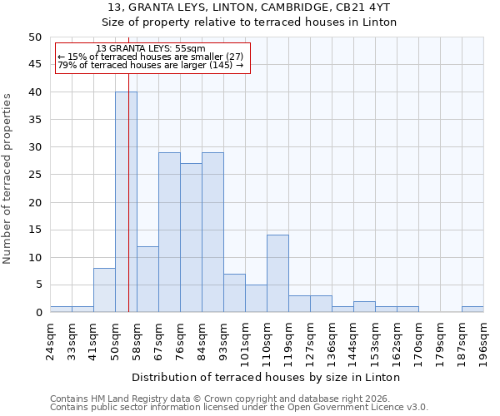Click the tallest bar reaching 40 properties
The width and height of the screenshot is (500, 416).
[126, 202]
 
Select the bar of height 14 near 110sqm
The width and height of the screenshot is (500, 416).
[277, 274]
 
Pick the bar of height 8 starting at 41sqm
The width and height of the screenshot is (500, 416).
[104, 290]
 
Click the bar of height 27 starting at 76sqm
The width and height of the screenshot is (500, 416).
[191, 238]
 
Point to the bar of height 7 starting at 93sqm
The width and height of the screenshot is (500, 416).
[234, 293]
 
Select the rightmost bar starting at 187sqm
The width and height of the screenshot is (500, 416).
[472, 310]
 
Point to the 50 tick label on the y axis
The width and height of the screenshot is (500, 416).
[34, 37]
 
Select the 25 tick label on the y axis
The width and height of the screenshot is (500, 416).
[34, 175]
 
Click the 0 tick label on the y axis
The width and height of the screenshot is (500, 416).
[37, 313]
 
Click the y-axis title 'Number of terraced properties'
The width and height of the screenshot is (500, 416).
[7, 179]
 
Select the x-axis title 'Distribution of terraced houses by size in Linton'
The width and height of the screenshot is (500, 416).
[266, 377]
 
